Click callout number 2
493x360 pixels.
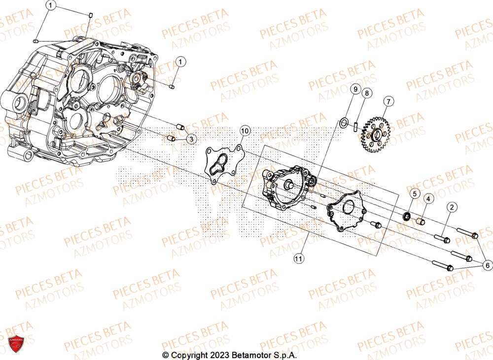pos(452,208)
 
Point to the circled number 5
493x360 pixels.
pos(414,193)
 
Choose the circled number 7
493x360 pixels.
pos(388,102)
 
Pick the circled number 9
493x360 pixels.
pos(354,89)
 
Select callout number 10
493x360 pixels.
pos(245,131)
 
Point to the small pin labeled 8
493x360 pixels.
pos(355,125)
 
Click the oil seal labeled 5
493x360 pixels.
pos(407,216)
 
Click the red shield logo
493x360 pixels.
pos(16,344)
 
